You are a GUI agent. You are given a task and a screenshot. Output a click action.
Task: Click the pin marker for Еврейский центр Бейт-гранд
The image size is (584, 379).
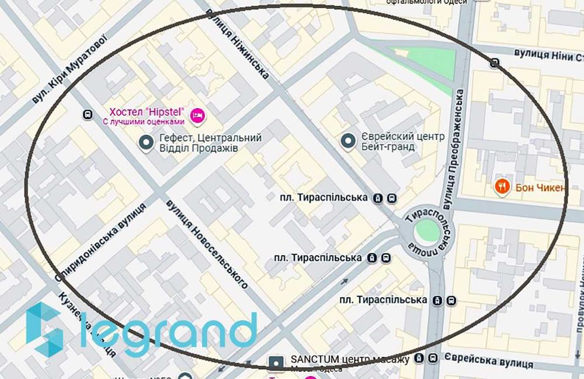[349, 141]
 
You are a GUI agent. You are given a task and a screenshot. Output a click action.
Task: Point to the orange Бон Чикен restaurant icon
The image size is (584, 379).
[501, 187]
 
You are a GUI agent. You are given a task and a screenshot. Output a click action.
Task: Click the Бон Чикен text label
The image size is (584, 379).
[540, 188]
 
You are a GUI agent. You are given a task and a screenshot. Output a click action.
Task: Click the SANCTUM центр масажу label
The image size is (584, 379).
[349, 359]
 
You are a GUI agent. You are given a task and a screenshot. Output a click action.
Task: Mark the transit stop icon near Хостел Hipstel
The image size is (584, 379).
[88, 115]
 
